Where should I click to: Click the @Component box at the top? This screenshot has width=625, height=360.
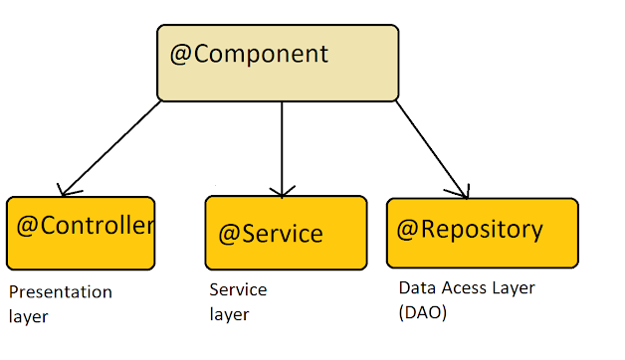tap(278, 62)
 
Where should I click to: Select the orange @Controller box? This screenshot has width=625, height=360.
tap(81, 233)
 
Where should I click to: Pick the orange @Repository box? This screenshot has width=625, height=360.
tap(482, 233)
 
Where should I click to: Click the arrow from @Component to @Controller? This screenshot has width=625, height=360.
tap(111, 145)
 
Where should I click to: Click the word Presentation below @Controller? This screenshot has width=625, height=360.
tap(60, 292)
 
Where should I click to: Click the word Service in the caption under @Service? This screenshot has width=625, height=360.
tap(238, 290)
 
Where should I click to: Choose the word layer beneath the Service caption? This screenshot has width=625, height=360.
tap(229, 315)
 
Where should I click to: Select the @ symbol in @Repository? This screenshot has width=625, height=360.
tap(407, 231)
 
